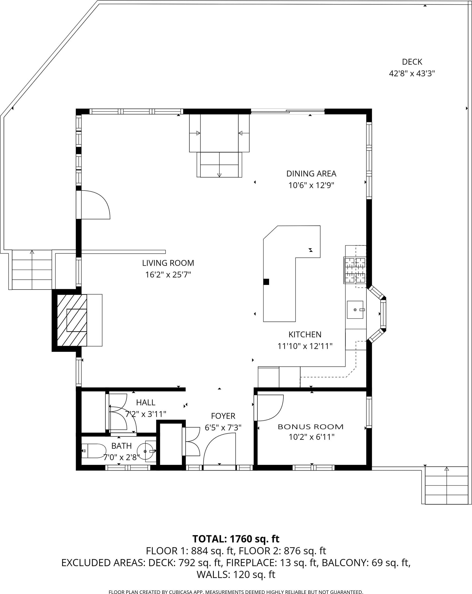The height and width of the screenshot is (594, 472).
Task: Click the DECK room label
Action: [x=412, y=62]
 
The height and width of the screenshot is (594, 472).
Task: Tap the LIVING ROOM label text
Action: [x=168, y=263]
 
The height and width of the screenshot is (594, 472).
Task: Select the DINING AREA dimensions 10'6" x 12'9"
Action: [x=311, y=185]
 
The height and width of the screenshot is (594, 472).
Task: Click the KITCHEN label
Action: [x=305, y=334]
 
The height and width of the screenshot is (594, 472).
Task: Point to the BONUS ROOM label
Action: [x=311, y=427]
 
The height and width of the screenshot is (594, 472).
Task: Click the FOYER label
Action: [x=223, y=416]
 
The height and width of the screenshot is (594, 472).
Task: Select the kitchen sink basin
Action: [x=355, y=310]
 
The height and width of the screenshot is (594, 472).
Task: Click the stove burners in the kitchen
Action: [x=355, y=270]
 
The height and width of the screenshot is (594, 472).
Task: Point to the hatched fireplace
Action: [x=72, y=320]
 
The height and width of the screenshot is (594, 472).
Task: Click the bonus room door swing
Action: [x=269, y=408]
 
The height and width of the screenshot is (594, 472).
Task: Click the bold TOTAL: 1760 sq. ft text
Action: [x=236, y=539]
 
